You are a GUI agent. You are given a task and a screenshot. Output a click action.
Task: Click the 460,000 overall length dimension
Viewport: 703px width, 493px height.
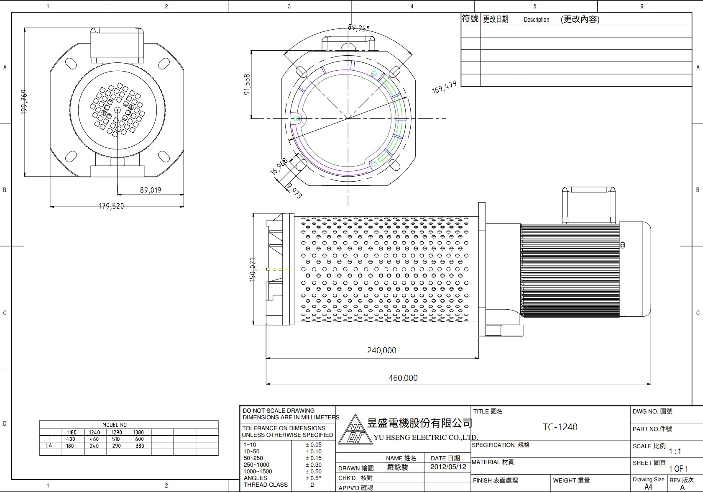click(x=403, y=378)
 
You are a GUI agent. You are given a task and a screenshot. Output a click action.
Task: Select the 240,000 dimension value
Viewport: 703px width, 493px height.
click(x=381, y=350)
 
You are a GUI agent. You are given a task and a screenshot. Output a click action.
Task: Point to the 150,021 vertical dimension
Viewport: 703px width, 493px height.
click(x=253, y=270)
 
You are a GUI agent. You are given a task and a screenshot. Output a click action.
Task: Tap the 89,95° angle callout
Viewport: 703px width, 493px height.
click(x=358, y=28)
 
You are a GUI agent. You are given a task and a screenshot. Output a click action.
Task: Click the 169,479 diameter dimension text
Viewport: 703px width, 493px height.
click(x=444, y=87)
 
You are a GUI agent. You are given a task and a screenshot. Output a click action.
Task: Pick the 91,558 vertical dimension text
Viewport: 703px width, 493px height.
click(x=247, y=85)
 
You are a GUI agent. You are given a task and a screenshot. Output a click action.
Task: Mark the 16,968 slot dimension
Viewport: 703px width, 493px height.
click(x=279, y=166)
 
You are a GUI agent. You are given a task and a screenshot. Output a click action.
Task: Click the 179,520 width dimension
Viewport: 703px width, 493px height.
click(x=111, y=206)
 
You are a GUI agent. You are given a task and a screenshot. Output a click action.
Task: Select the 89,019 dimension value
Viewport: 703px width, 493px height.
click(x=150, y=190)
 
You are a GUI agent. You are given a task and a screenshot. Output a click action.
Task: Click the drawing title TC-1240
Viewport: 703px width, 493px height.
click(x=560, y=427)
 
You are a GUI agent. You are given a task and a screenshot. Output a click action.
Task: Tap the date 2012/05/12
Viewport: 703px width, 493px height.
click(x=448, y=467)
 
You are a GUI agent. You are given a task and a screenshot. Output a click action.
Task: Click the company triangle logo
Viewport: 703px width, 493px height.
click(x=355, y=430)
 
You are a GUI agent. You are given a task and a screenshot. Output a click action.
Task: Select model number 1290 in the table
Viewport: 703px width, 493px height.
click(x=117, y=432)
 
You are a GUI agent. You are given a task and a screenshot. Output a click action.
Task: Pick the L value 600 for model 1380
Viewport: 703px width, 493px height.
click(x=139, y=439)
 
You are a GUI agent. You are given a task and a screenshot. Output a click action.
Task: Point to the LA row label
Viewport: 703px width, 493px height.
click(x=49, y=446)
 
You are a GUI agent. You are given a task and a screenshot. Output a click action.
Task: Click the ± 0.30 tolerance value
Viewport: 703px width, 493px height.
click(x=313, y=465)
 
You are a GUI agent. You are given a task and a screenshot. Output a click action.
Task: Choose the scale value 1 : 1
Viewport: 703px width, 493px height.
click(x=675, y=451)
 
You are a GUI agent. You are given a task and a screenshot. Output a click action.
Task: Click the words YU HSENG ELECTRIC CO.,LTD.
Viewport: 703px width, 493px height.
click(x=425, y=437)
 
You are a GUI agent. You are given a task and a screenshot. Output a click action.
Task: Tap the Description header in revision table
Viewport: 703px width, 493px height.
click(x=536, y=20)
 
